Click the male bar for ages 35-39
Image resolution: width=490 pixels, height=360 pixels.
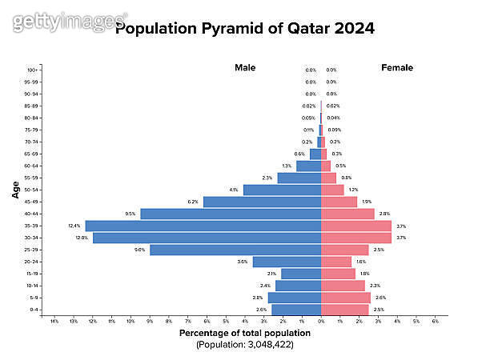[x=203, y=226]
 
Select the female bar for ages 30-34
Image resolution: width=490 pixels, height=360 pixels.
[x=356, y=238]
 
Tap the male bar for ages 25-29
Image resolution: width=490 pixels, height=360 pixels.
[x=235, y=250]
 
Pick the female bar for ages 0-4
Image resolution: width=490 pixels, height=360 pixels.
[x=345, y=310]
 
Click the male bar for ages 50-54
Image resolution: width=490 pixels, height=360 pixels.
[x=282, y=190]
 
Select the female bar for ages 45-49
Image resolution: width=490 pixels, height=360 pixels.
[x=339, y=202]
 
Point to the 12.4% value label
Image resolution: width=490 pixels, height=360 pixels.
[x=74, y=226]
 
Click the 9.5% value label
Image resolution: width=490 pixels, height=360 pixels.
[x=131, y=214]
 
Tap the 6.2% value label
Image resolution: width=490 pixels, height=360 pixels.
[x=193, y=202]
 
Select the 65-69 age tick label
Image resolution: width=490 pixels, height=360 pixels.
[x=31, y=154]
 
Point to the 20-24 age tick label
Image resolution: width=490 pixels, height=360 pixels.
[x=31, y=262]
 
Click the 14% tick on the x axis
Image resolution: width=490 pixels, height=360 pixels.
[x=54, y=322]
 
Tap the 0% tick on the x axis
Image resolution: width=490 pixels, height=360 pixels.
[x=321, y=322]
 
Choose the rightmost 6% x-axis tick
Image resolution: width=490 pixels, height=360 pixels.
[x=435, y=322]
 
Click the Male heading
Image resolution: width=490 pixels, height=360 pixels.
[x=245, y=68]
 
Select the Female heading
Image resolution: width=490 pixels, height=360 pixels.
[x=397, y=68]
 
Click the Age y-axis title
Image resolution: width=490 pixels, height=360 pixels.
[x=16, y=190]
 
